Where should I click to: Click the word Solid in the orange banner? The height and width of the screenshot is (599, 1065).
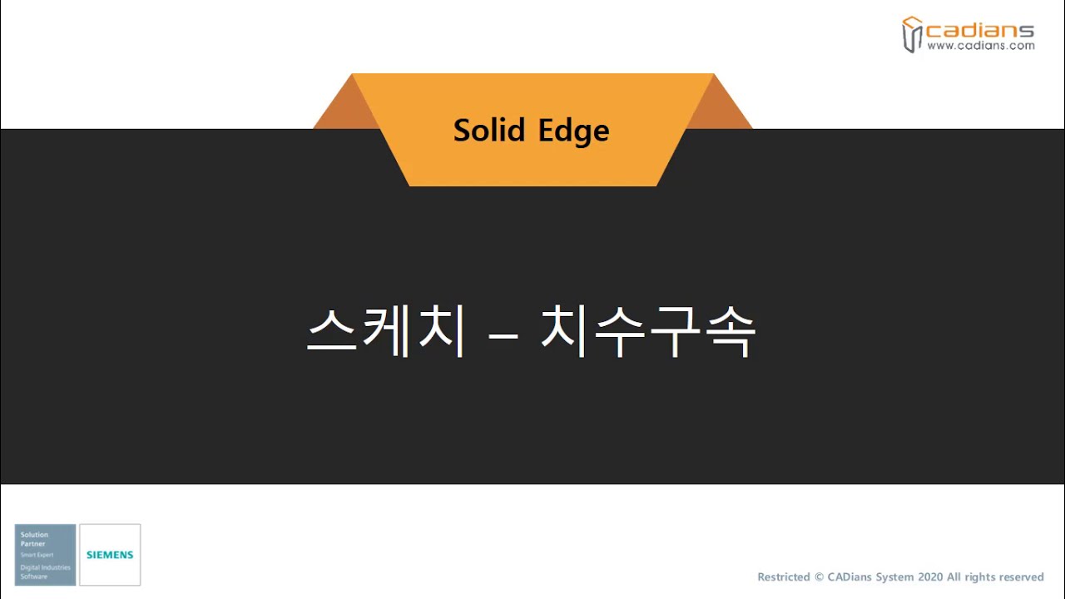(489, 131)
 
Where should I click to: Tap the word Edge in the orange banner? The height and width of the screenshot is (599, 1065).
(573, 131)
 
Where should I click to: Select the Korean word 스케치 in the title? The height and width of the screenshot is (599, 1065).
(385, 332)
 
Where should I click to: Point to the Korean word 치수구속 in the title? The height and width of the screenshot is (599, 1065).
(647, 332)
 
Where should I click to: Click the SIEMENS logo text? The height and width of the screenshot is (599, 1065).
(110, 555)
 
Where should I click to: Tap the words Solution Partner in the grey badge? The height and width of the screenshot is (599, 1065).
(35, 539)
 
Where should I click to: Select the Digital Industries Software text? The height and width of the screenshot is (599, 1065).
(45, 572)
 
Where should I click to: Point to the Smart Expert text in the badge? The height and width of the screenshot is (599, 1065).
(36, 554)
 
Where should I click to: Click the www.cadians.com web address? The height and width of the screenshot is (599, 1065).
(980, 47)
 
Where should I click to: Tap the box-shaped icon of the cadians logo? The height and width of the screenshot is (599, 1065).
(913, 34)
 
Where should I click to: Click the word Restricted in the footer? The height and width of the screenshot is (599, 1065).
(784, 577)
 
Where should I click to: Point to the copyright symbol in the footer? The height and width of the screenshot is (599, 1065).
(820, 577)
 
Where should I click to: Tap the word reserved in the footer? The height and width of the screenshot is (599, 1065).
(1018, 577)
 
